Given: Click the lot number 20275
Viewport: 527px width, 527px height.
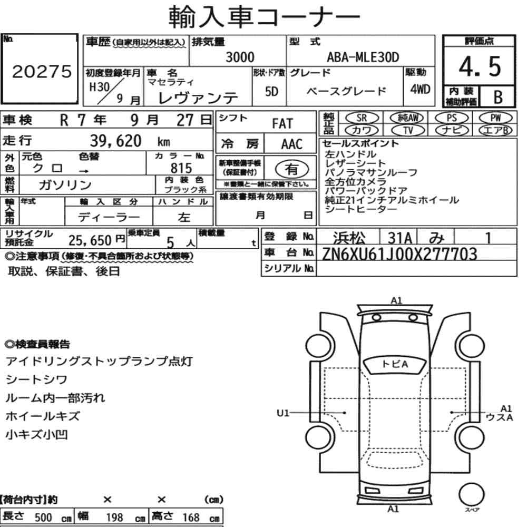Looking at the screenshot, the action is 42,71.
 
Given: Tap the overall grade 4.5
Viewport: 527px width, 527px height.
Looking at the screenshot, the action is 480,66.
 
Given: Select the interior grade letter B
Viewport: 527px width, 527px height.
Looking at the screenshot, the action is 498,97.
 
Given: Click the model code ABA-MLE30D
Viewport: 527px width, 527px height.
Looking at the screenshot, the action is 363,57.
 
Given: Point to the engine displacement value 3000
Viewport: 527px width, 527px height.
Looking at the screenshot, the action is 240,57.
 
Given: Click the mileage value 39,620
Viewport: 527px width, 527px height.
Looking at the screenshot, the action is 115,141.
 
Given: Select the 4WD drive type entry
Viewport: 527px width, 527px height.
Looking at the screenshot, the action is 420,90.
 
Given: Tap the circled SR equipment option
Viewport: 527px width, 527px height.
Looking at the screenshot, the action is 362,118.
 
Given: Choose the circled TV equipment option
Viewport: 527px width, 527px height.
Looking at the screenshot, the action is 408,130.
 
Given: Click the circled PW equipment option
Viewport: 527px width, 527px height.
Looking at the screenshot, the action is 495,118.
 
